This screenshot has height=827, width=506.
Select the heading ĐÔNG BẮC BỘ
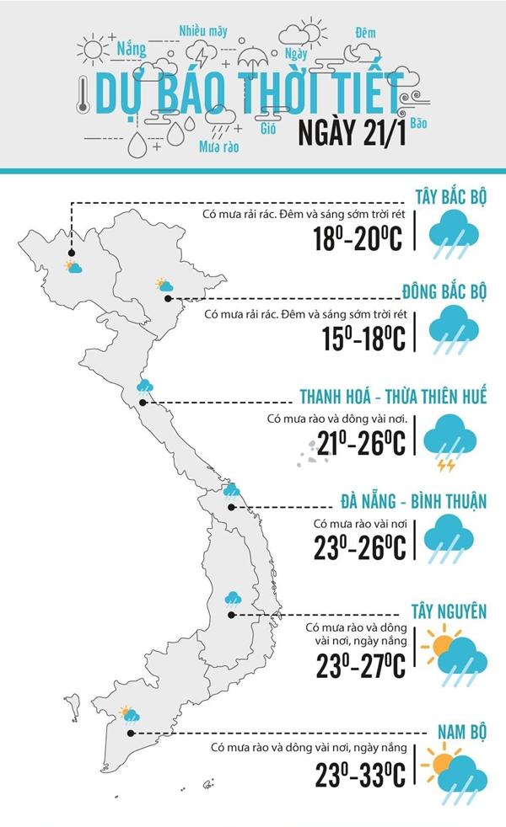tap(444, 292)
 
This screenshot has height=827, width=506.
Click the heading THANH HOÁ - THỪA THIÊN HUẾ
tap(393, 397)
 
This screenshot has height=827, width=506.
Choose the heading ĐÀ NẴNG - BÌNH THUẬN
tap(414, 503)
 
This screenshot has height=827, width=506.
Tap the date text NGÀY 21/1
tap(351, 134)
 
